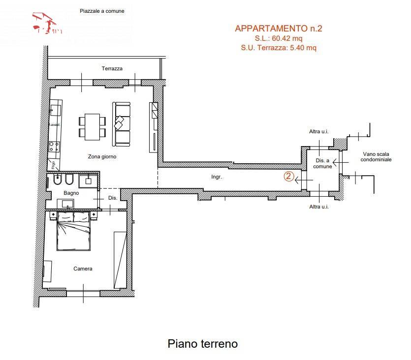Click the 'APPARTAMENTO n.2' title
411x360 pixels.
tap(278, 29)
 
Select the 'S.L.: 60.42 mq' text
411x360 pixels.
tap(278, 38)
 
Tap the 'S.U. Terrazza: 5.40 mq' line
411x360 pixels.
tap(278, 48)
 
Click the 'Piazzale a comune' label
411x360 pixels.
tap(102, 11)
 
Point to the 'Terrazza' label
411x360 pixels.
tap(112, 68)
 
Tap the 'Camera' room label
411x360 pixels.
tap(83, 269)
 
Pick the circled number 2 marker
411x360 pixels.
tap(289, 176)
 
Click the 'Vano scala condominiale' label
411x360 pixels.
tap(376, 156)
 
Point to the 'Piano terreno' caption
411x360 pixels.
tap(202, 343)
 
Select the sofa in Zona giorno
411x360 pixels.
tap(121, 124)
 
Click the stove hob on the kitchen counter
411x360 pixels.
tap(54, 146)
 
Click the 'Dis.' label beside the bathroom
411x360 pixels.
tap(112, 198)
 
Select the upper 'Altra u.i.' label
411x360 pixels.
tap(318, 132)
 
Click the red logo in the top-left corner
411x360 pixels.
tap(47, 24)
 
